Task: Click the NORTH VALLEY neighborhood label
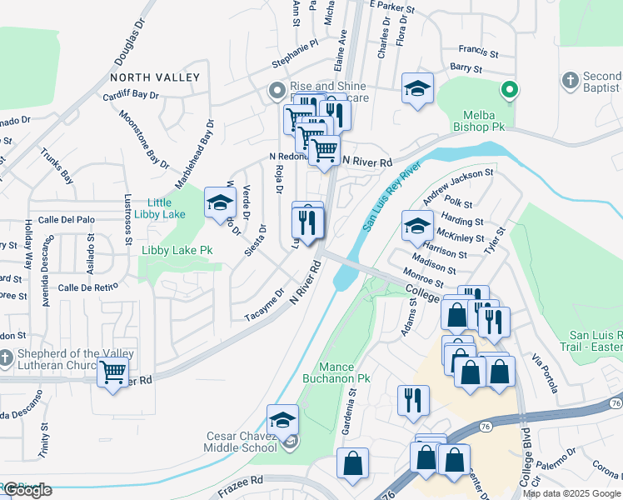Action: [x=155, y=77]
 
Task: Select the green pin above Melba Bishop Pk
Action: [x=509, y=89]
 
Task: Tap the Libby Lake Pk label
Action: [x=177, y=250]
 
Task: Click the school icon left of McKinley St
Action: [x=417, y=225]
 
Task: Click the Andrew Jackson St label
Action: [x=458, y=187]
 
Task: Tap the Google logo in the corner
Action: [x=27, y=490]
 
